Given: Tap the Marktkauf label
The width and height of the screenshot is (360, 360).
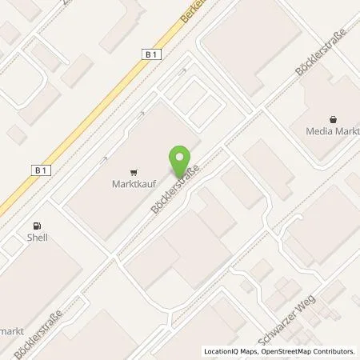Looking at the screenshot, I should point(131,181).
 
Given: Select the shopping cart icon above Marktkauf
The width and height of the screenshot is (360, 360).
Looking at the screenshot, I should point(131,170).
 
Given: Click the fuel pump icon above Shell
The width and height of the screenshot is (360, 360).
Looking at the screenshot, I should point(35,226).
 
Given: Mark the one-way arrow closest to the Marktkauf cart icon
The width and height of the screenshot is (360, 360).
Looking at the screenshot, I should point(105,158).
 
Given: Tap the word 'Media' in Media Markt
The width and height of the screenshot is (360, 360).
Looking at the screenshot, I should point(318,132).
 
